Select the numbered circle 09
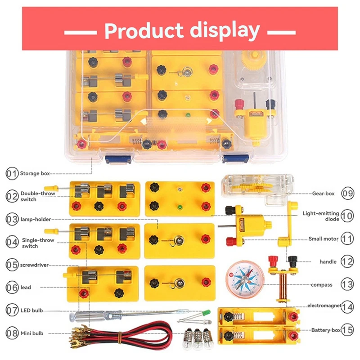[x=347, y=193]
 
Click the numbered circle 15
[x=347, y=330]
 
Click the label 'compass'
[x=321, y=284]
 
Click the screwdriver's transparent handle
[x=79, y=316]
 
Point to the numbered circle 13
[x=347, y=284]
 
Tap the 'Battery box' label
[x=326, y=330]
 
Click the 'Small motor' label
[x=324, y=238]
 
